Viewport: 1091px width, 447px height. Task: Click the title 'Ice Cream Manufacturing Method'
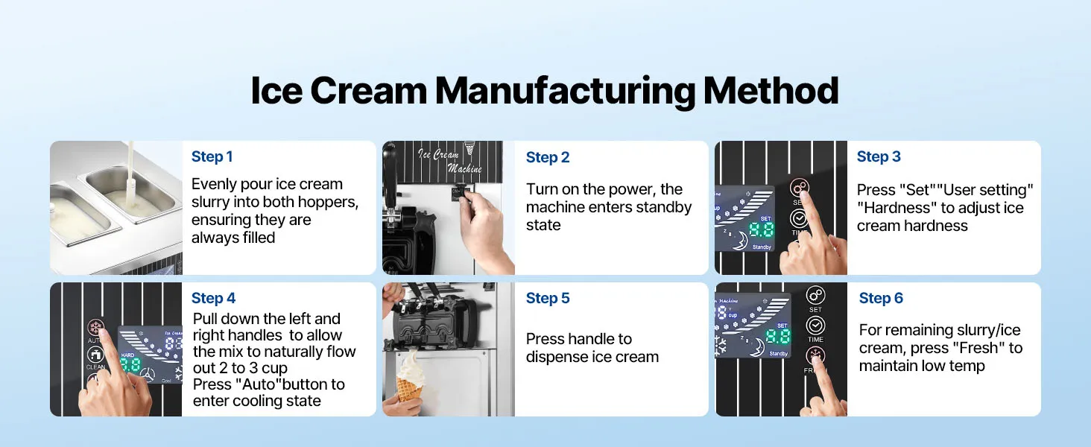545,91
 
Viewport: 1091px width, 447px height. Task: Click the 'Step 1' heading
212,156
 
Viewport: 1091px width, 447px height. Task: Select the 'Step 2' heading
548,157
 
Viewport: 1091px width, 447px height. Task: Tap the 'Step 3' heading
879,156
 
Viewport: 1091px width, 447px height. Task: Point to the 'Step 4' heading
213,298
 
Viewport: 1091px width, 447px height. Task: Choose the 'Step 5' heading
548,298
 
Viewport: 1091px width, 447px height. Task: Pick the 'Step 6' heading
881,298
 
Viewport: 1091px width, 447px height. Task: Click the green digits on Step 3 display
762,229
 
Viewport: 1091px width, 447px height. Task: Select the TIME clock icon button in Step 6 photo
816,326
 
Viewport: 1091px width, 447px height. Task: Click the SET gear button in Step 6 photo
816,296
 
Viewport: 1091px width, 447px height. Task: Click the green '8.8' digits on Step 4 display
130,364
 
